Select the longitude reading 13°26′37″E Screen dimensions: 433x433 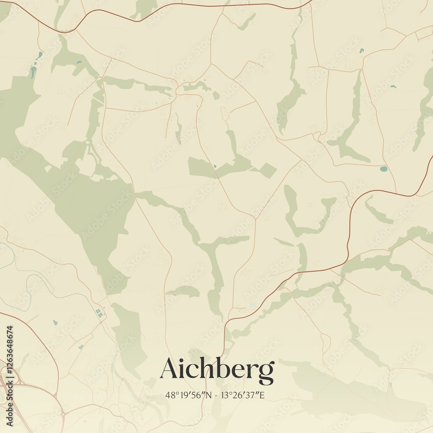(x=242, y=395)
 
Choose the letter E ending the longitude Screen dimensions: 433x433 (x=262, y=395)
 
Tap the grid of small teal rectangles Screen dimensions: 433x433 (x=100, y=312)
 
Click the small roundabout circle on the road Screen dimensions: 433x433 (x=63, y=414)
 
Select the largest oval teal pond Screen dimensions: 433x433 (x=383, y=168)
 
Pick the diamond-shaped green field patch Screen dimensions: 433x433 (x=268, y=171)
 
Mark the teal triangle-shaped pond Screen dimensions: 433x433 (x=55, y=323)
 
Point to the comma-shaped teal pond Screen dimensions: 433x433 (x=361, y=51)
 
